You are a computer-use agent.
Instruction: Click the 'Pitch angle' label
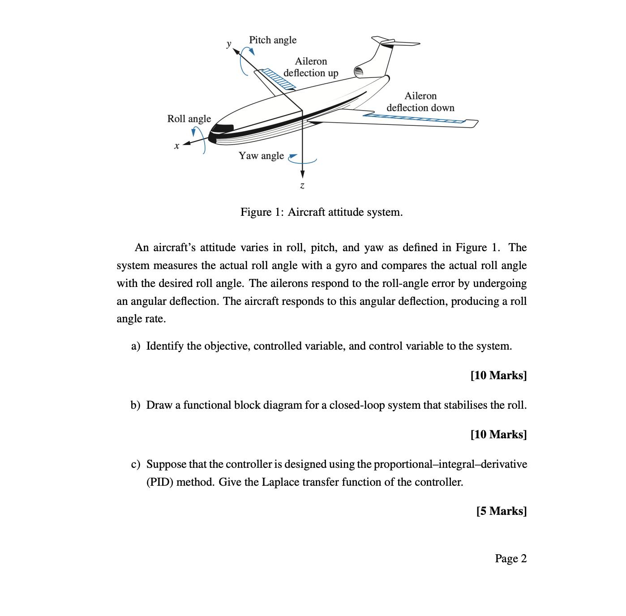click(273, 40)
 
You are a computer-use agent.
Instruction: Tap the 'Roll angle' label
click(189, 119)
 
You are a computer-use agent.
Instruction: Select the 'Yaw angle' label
click(261, 156)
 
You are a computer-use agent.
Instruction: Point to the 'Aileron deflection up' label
click(311, 67)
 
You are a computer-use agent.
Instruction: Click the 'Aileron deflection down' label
click(420, 102)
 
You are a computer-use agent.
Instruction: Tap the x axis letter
click(177, 145)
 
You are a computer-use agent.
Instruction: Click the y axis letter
click(229, 43)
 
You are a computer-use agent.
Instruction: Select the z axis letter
click(302, 185)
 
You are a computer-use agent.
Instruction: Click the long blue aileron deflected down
click(414, 118)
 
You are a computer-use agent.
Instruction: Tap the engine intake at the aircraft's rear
click(359, 71)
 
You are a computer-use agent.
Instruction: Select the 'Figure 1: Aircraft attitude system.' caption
click(322, 212)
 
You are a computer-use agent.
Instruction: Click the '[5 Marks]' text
click(501, 511)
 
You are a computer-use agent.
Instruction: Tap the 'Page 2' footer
click(510, 559)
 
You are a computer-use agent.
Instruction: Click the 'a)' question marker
click(136, 346)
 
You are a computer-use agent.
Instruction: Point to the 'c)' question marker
click(136, 464)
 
